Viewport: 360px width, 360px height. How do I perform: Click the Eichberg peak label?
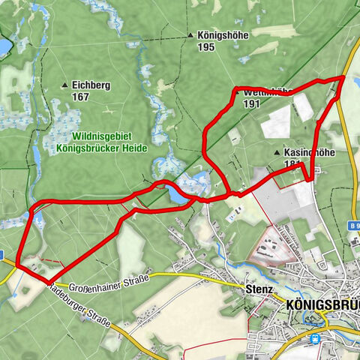pos(91,85)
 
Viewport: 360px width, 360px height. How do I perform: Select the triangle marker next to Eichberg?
pos(65,85)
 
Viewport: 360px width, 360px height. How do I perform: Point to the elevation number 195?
pos(208,46)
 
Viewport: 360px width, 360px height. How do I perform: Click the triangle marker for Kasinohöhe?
pos(277,151)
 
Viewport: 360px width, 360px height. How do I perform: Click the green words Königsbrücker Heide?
pos(102,148)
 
